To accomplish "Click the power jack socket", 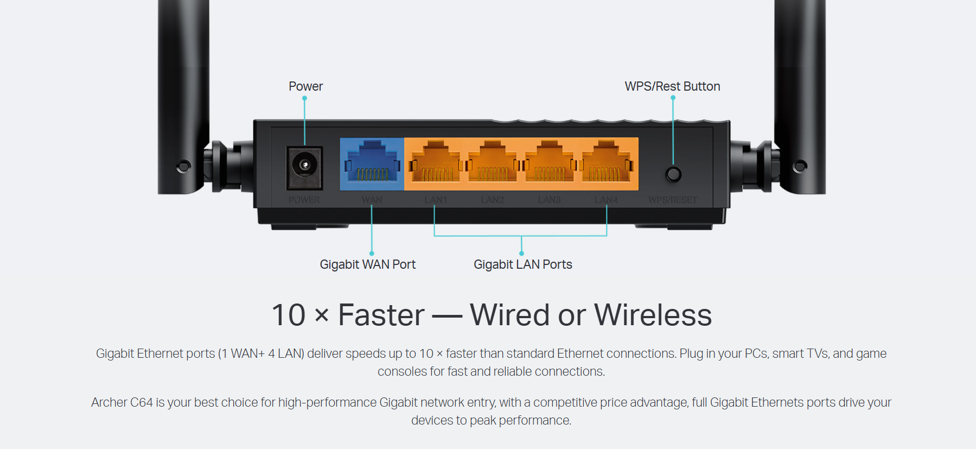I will point(304,165).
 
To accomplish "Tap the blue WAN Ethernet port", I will point(372,163).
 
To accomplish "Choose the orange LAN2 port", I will point(493,163).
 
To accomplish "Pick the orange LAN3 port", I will point(550,163).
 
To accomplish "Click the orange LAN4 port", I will point(607,163).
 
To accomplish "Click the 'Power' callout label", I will point(305,86).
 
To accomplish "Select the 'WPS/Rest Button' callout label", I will point(672,86).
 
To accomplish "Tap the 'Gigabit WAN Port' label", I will point(367,264).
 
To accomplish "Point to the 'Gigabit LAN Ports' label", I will point(522,264).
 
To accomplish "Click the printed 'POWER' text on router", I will point(304,200).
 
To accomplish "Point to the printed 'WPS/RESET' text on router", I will point(673,200).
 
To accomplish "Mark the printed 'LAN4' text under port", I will point(606,200).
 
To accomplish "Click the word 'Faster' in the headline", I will point(381,315).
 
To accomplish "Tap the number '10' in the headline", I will point(289,315).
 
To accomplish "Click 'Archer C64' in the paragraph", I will point(122,402).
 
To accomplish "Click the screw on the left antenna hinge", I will point(184,166).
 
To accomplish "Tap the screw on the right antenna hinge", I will point(800,166).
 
